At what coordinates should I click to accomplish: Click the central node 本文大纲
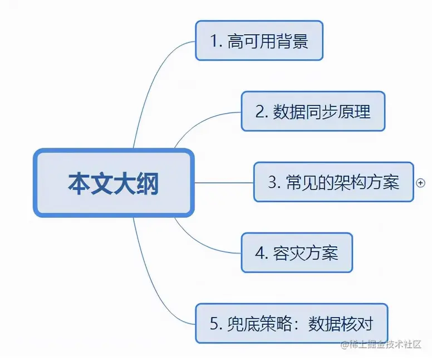click(x=114, y=183)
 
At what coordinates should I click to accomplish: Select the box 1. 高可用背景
click(x=259, y=41)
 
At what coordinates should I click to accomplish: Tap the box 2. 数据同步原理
click(x=313, y=111)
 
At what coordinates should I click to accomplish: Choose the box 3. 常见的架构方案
click(x=333, y=182)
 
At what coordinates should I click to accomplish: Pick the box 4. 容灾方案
click(x=297, y=253)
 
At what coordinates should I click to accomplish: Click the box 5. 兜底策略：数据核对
click(x=291, y=324)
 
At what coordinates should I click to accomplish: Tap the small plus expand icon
click(x=421, y=182)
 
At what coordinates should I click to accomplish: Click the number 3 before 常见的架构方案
click(x=272, y=183)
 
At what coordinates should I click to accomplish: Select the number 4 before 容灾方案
click(x=259, y=254)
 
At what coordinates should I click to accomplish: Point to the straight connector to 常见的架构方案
click(x=223, y=182)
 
